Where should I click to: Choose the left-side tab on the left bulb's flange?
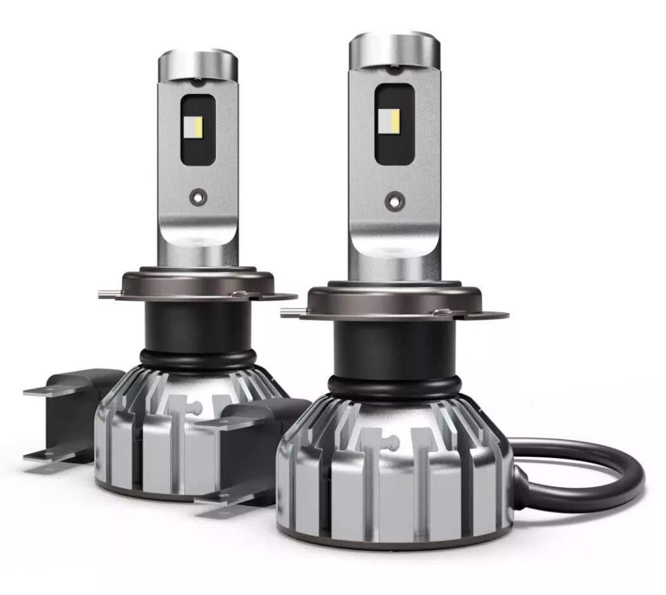coord(108,293)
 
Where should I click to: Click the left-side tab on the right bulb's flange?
coord(292,311)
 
